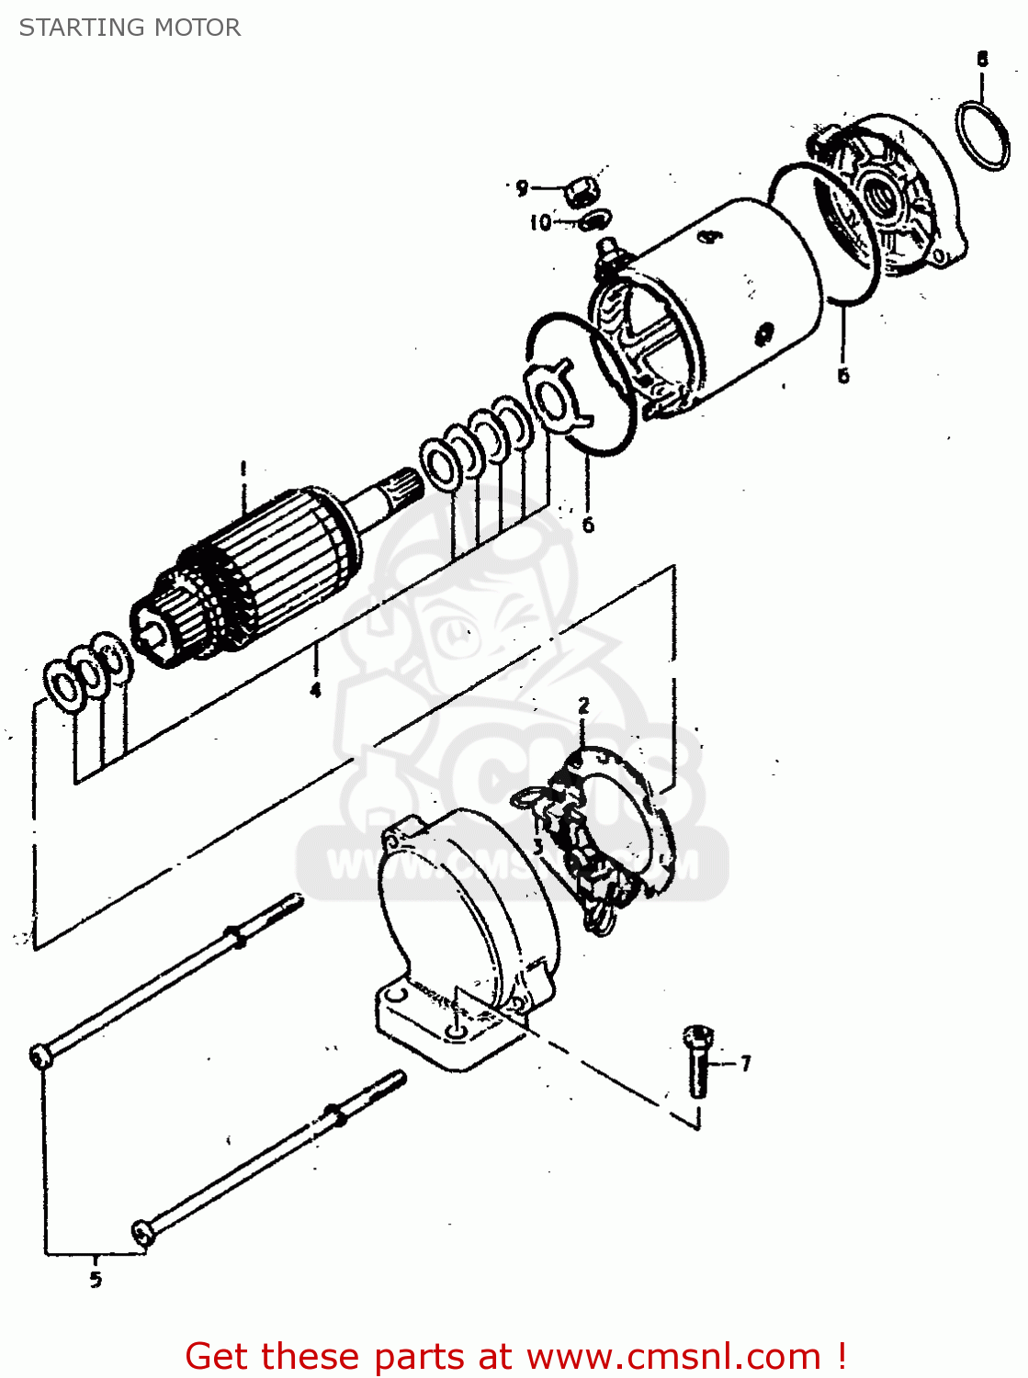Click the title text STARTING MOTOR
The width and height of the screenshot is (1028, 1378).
pos(130,28)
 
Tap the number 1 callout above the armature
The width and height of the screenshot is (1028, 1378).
pos(243,469)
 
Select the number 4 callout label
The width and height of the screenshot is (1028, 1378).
pos(315,689)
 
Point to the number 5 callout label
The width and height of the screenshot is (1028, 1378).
pos(96,1279)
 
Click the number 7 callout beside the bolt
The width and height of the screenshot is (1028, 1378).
pos(745,1063)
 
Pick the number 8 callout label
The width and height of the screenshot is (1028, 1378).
pos(982,60)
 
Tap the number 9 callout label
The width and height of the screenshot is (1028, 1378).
pos(522,188)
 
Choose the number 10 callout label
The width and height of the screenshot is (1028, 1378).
pos(540,222)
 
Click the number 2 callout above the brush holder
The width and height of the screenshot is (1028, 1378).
pos(583,706)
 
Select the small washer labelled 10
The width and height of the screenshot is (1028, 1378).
pos(595,220)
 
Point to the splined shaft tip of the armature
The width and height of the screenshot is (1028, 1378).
pos(402,485)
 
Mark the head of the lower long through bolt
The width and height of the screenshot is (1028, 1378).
pos(142,1232)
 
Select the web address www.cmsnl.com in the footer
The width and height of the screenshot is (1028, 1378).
pos(673,1356)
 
